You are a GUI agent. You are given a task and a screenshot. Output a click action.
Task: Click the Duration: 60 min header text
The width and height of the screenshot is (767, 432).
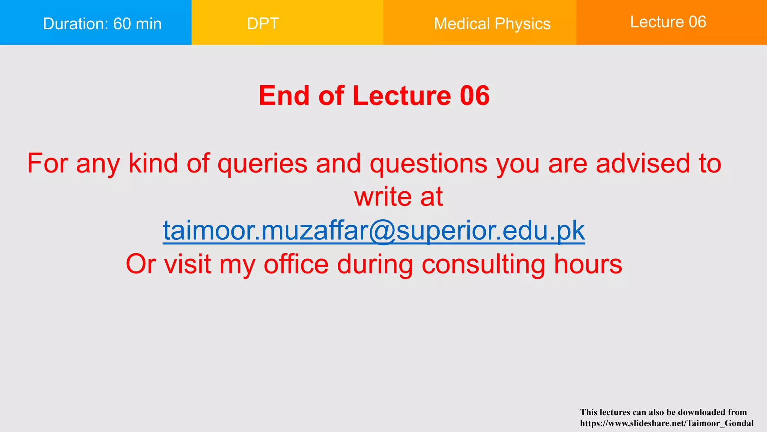coord(102,24)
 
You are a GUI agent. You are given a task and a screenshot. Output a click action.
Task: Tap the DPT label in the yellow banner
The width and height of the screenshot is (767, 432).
coord(263,24)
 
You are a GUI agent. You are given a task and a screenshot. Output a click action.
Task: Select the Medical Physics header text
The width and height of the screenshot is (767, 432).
coord(492,24)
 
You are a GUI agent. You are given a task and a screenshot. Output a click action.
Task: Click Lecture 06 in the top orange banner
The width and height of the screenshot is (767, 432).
coord(668,22)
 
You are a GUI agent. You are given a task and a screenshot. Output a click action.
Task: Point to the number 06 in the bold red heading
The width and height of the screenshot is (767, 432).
coord(475,96)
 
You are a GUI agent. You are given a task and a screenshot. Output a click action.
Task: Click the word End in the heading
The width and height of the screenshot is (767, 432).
coord(284,96)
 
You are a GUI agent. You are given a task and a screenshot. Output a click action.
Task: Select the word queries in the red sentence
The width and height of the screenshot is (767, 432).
coord(263,164)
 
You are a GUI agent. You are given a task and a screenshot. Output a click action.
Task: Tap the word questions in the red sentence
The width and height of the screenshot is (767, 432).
coord(428,164)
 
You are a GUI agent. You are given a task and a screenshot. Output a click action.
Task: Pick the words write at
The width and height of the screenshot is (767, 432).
coord(398,196)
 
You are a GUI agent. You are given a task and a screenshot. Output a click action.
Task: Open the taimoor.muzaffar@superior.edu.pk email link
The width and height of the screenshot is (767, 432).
coord(374,230)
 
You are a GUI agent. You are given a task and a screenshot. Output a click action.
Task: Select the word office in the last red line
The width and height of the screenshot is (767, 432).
coord(296,264)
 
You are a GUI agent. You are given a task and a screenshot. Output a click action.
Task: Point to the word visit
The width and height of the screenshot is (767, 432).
coord(187,264)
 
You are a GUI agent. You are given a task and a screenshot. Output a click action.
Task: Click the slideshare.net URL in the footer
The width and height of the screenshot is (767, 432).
coord(667,423)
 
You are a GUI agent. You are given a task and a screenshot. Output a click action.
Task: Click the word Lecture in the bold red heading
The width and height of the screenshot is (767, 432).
coord(401,96)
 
